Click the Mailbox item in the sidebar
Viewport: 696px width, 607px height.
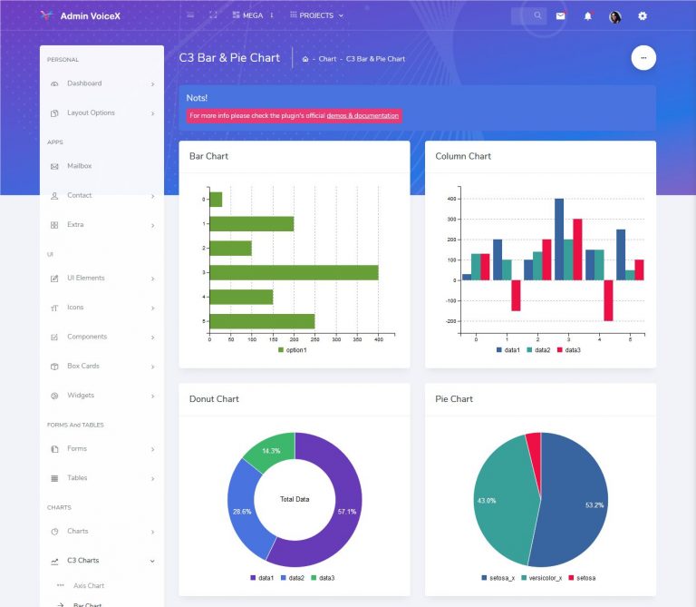click(79, 166)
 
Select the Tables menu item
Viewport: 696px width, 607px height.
click(77, 478)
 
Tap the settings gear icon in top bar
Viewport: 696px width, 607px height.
click(643, 16)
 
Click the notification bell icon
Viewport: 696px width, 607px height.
click(587, 16)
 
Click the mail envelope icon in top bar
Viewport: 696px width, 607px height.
click(560, 16)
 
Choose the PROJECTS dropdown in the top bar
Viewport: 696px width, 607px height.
click(316, 15)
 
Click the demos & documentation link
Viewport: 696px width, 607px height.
click(362, 116)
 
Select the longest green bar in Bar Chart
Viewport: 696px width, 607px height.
click(294, 272)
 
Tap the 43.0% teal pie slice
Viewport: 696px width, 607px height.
click(494, 499)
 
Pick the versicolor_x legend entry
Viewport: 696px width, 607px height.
click(540, 578)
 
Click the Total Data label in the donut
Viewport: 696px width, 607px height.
click(295, 500)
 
